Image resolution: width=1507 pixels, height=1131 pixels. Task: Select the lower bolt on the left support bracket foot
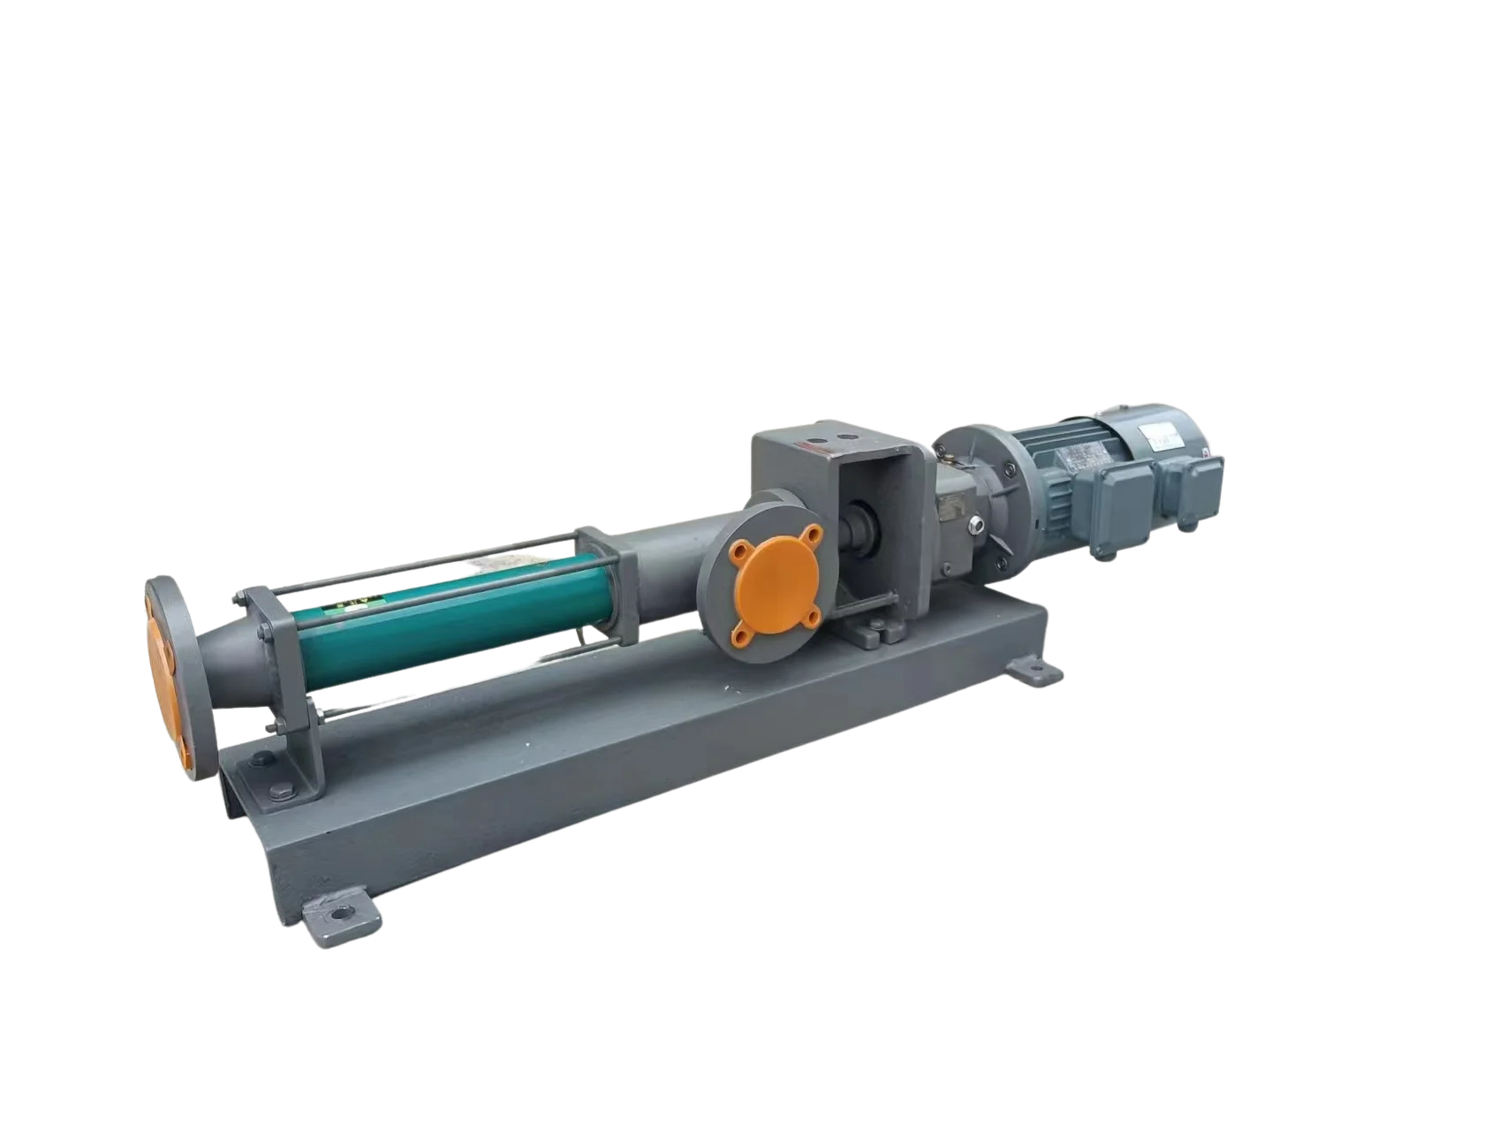[284, 791]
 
